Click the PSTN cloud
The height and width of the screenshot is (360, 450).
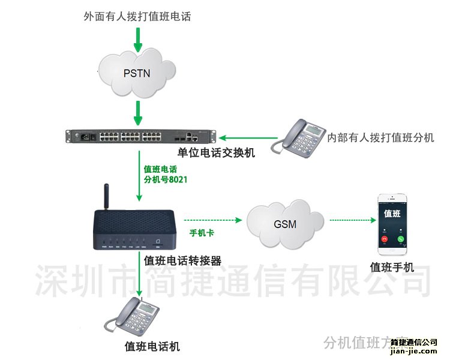[137, 74]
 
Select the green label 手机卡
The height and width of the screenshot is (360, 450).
[202, 232]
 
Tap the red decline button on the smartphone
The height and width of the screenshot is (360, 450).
[384, 239]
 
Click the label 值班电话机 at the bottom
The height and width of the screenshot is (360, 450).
[152, 346]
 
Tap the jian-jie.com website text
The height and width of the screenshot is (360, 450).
[413, 352]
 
